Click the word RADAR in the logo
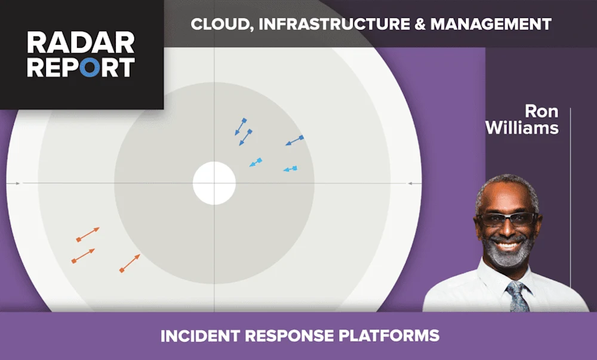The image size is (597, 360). pyautogui.click(x=81, y=43)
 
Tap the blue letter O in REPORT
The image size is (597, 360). pyautogui.click(x=89, y=67)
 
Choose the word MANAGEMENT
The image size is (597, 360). pyautogui.click(x=491, y=24)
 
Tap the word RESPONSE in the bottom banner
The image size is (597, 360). pyautogui.click(x=288, y=336)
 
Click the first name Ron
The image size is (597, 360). pyautogui.click(x=541, y=112)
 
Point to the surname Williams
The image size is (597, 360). pyautogui.click(x=522, y=127)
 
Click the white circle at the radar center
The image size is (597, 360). pyautogui.click(x=214, y=183)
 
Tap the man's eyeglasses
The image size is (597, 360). pyautogui.click(x=506, y=219)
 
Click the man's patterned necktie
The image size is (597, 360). pyautogui.click(x=518, y=296)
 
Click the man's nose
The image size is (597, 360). pyautogui.click(x=507, y=230)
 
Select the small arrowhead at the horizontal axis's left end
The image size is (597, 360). pyautogui.click(x=17, y=183)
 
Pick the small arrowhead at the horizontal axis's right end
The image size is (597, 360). pyautogui.click(x=411, y=183)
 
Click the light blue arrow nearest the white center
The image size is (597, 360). pyautogui.click(x=256, y=162)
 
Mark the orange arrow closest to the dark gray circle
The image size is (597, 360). pyautogui.click(x=130, y=263)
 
